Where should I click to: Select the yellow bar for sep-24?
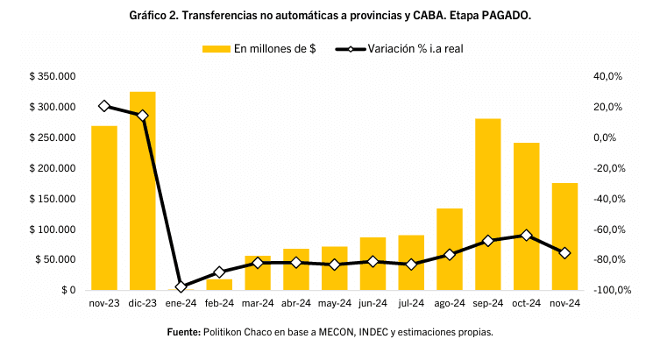pos(487,204)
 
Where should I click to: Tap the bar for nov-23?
pos(104,208)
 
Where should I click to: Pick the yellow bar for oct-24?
pos(526,216)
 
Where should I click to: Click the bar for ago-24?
pos(450,249)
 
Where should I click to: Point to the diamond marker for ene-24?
pos(181,286)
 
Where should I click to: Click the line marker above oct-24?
pos(526,236)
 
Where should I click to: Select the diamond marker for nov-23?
pos(104,106)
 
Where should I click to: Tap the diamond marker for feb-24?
pos(219,272)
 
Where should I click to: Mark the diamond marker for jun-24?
pos(373,261)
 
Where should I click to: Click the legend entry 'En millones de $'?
pos(260,48)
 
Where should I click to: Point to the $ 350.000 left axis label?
pos(53,77)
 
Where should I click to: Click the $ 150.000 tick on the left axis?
pos(53,199)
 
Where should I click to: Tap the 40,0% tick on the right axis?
pos(607,77)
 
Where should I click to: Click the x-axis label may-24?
pos(334,304)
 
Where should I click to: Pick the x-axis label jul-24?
pos(411,304)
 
